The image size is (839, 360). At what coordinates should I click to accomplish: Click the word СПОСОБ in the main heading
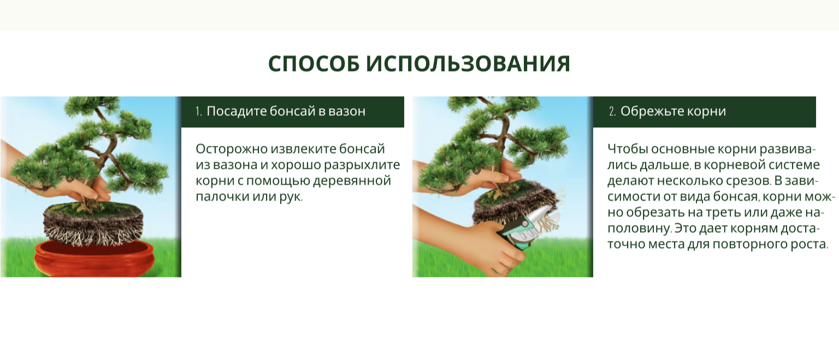(x=314, y=64)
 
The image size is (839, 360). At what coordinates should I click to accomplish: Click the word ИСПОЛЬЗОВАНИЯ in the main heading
(x=468, y=64)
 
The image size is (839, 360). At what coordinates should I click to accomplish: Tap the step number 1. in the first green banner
(x=198, y=111)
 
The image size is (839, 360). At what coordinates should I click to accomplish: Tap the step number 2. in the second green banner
(x=612, y=111)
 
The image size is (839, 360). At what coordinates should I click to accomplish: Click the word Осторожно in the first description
(x=231, y=149)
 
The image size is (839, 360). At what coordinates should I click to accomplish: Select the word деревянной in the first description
(x=352, y=181)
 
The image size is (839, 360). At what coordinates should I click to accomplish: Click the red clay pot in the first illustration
(x=93, y=258)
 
